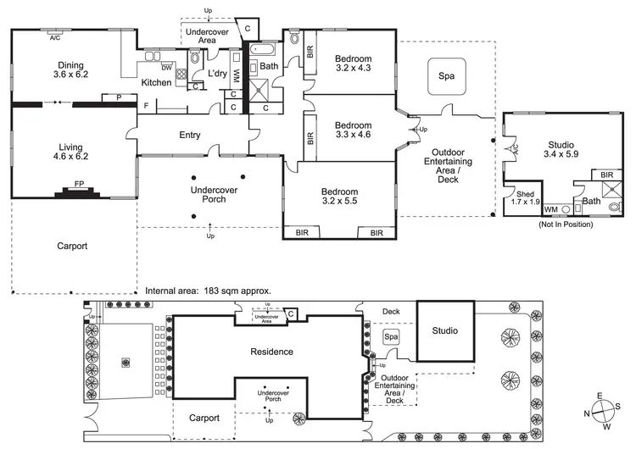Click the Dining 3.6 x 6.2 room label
point(72,69)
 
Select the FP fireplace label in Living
point(79,184)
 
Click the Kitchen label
point(157,82)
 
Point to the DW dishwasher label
point(167,67)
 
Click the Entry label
point(190,136)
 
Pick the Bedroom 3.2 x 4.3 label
point(353,62)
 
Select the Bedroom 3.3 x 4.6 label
point(353,128)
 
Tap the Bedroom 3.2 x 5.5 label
point(340,197)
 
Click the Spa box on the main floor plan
point(446,76)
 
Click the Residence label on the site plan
point(271,352)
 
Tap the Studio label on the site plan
point(444,330)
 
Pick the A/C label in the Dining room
point(55,38)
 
